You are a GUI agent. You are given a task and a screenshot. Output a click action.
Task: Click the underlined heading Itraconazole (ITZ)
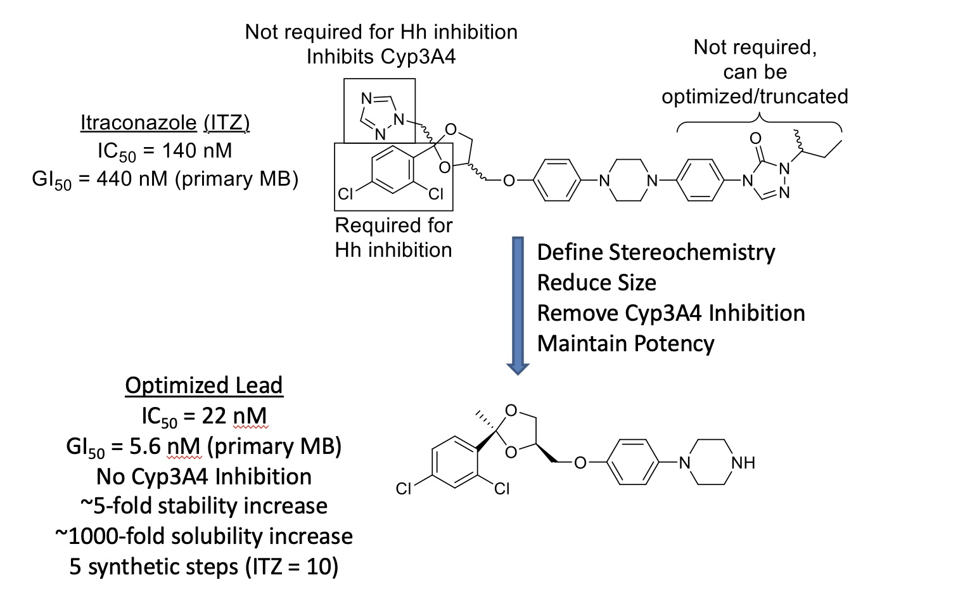(x=165, y=122)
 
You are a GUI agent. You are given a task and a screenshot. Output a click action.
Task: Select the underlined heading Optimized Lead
(x=204, y=385)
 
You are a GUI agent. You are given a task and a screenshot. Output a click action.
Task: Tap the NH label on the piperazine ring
(x=743, y=463)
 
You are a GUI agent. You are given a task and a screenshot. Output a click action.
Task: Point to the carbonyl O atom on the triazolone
(x=755, y=138)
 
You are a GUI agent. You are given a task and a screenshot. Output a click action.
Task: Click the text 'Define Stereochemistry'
(x=656, y=252)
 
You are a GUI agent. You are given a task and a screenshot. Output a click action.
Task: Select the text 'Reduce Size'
(x=596, y=283)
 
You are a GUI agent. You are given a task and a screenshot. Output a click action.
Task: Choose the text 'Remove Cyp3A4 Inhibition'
(x=670, y=313)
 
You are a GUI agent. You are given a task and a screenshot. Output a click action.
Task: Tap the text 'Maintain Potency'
(x=625, y=344)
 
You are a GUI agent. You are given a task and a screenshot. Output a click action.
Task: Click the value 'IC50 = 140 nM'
(x=165, y=151)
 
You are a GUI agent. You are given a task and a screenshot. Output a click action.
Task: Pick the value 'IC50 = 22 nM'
(x=204, y=417)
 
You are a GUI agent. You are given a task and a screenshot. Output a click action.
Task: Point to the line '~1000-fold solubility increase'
(x=204, y=536)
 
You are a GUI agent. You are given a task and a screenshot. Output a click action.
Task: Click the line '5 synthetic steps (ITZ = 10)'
(x=204, y=566)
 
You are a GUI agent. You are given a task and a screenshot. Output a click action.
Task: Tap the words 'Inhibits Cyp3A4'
(x=381, y=56)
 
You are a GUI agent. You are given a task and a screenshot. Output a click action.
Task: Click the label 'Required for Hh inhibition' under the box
(x=393, y=238)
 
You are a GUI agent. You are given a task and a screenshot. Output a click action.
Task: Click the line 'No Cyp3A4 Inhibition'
(x=204, y=477)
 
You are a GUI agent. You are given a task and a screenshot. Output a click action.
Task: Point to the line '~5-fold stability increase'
(x=204, y=506)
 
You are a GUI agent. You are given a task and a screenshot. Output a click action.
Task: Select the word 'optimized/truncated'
(x=755, y=96)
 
